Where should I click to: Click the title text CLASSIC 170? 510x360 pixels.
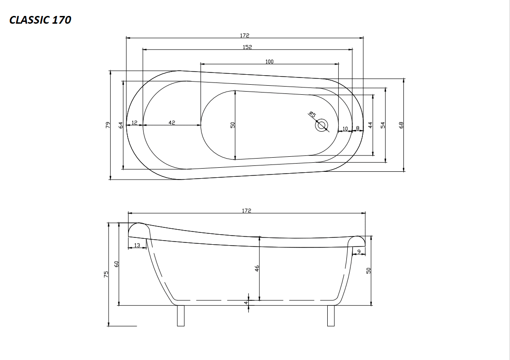point(40,20)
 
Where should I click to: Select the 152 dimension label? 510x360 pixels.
point(247,47)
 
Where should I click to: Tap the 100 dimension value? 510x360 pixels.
point(269,62)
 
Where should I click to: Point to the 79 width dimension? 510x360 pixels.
point(108,125)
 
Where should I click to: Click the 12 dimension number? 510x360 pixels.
point(134,123)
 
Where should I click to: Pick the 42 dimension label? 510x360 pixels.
point(172,123)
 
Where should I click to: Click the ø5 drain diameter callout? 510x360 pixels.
point(312,114)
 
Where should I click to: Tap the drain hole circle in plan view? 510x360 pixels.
point(322,125)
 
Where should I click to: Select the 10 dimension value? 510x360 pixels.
point(345,129)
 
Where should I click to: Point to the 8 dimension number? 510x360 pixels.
point(358,128)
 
